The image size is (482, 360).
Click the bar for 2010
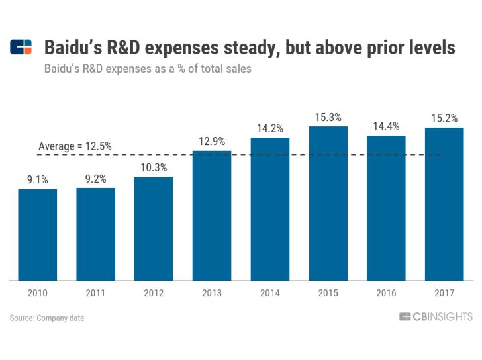tap(38, 235)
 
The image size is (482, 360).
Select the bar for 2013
tap(212, 216)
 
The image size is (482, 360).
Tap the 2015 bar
tap(328, 203)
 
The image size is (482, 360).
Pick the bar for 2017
tap(444, 204)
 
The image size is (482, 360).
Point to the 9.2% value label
tap(95, 179)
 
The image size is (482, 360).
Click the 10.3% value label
tap(154, 167)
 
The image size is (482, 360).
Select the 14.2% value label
tap(270, 128)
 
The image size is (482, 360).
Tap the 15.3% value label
tap(328, 117)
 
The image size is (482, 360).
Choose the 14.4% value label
tap(386, 126)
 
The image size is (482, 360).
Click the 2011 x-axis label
tap(95, 293)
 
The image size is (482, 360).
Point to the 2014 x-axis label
tap(270, 293)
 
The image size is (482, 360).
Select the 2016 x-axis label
tap(386, 293)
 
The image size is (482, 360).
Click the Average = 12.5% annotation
tap(75, 146)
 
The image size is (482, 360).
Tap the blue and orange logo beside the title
tap(21, 47)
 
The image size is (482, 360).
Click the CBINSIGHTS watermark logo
tap(436, 317)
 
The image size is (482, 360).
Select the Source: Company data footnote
tap(47, 318)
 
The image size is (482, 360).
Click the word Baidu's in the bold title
tap(73, 48)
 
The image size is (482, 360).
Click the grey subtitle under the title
tap(148, 69)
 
